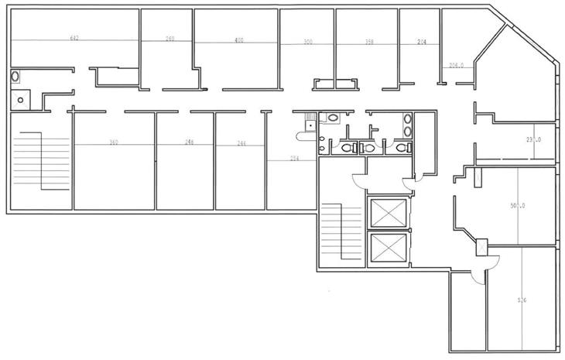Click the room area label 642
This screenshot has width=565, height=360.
click(75, 38)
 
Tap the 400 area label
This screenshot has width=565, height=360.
click(238, 39)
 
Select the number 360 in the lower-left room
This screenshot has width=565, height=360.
click(113, 142)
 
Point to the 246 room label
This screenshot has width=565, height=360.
click(189, 142)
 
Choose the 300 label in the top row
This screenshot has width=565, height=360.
click(308, 43)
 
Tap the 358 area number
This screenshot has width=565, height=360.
click(369, 42)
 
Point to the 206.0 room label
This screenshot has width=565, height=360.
click(457, 66)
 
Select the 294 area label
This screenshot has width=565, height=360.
click(294, 159)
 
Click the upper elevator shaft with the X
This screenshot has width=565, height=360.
click(388, 213)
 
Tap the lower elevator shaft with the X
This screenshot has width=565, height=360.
click(388, 249)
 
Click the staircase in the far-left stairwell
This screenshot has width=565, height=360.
click(29, 161)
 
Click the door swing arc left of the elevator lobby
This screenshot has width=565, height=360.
click(360, 180)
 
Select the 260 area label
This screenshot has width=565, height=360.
click(169, 38)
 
